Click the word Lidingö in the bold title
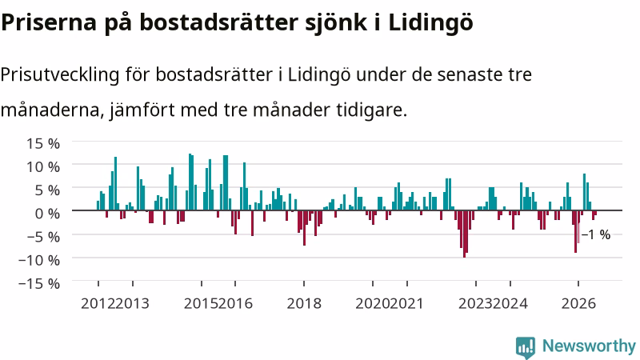(430, 23)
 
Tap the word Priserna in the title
(49, 22)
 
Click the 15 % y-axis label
(43, 143)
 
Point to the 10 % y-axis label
(43, 166)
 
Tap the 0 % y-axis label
(47, 213)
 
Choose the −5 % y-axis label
(39, 236)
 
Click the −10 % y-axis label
(39, 260)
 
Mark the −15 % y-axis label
(39, 283)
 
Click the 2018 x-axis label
(304, 304)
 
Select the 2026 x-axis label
(578, 304)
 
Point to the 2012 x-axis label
(98, 304)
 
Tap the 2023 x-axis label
(475, 304)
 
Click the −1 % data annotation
(596, 234)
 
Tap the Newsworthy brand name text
(589, 346)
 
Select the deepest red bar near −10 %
(464, 234)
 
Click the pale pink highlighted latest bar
(578, 233)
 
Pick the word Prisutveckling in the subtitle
(61, 75)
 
